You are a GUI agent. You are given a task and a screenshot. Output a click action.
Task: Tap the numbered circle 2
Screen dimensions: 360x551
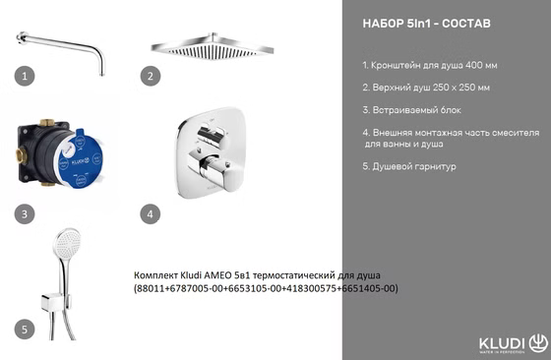coord(150,75)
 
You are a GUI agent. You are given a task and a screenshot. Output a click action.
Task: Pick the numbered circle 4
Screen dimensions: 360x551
coord(150,212)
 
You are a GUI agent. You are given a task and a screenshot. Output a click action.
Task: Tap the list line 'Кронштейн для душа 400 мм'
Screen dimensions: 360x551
coord(429,65)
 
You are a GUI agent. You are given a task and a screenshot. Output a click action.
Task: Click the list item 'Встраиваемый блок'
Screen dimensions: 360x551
coord(411,110)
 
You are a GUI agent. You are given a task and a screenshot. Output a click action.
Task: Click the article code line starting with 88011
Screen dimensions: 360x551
coord(266,288)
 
